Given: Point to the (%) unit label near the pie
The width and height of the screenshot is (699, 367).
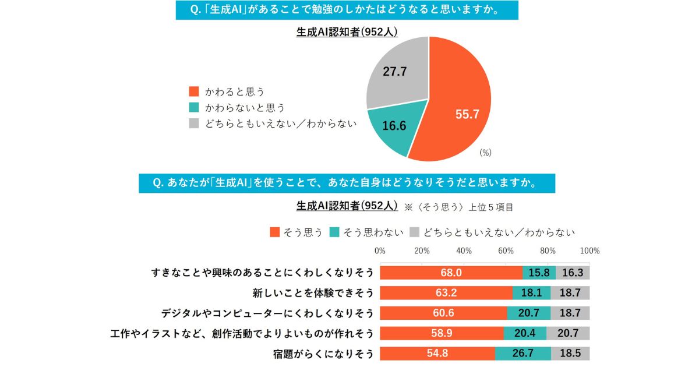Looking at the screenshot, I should [x=486, y=152].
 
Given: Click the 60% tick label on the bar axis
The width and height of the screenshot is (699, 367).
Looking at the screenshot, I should [x=506, y=251].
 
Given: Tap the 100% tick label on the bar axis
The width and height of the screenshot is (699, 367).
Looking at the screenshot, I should [x=590, y=251].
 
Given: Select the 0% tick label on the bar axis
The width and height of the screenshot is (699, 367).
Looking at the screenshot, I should [x=380, y=251].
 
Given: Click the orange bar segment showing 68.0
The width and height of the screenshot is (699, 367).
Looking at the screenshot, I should [x=451, y=273].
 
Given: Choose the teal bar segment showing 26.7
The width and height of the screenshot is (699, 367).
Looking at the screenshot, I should [x=523, y=354].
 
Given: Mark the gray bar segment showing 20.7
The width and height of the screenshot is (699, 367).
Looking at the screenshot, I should [x=568, y=333].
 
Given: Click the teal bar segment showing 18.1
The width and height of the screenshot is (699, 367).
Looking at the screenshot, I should [x=531, y=293].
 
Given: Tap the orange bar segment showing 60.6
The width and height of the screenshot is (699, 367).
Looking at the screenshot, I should [x=443, y=313].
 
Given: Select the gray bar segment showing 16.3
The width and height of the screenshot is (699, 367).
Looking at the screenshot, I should [x=573, y=273].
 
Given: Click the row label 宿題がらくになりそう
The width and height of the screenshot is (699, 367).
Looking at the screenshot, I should [x=323, y=354].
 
